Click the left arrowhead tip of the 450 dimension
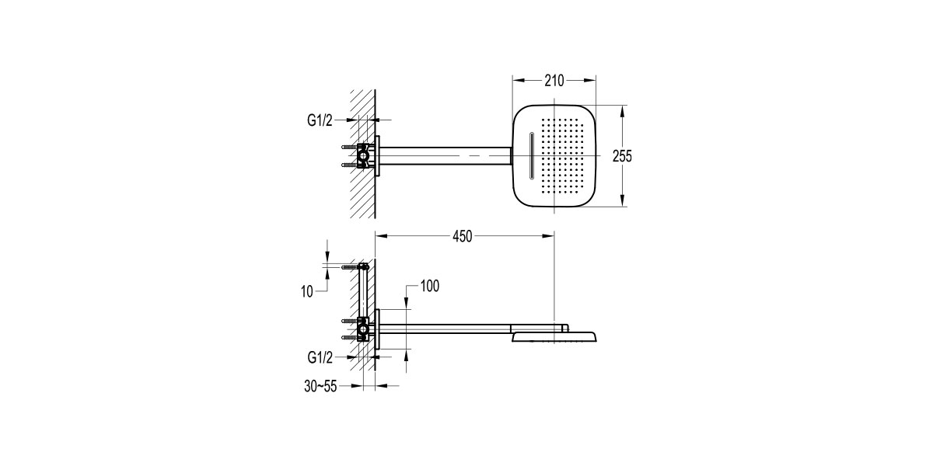point(376,236)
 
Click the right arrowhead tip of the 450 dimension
point(554,236)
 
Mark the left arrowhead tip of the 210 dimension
point(512,81)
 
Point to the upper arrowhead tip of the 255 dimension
point(622,105)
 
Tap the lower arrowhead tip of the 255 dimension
point(622,207)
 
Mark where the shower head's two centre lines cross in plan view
point(554,155)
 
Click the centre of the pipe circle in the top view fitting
point(363,156)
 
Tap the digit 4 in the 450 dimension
point(456,236)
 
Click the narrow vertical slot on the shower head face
point(531,156)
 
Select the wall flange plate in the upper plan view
point(377,155)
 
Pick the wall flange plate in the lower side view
point(377,329)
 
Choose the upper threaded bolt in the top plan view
point(349,147)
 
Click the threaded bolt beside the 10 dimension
point(350,266)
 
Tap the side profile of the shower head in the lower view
point(554,336)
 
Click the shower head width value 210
point(554,81)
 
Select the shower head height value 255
point(622,156)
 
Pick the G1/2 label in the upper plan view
point(320,120)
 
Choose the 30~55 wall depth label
point(320,386)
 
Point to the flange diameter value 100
point(430,287)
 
